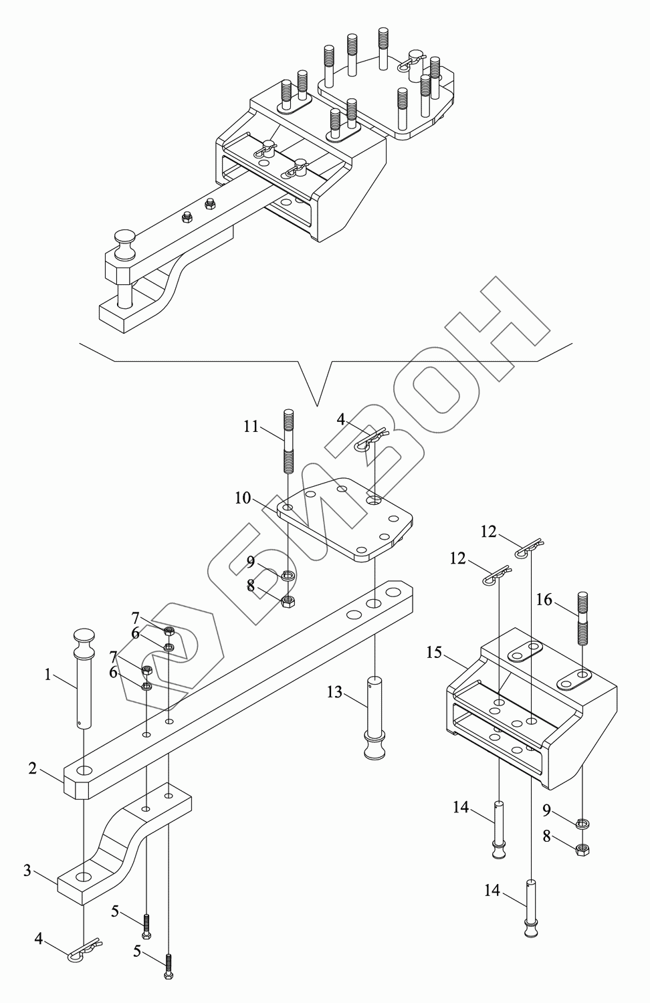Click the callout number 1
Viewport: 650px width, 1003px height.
(47, 675)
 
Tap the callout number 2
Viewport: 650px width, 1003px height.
(33, 768)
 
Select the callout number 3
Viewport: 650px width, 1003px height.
(27, 870)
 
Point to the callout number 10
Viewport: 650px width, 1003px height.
(242, 498)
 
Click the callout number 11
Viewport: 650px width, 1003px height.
(251, 426)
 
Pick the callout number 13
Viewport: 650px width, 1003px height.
(334, 692)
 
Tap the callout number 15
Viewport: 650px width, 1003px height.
(434, 652)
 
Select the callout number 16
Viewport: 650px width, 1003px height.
(544, 600)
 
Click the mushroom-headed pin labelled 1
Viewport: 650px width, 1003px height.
(84, 675)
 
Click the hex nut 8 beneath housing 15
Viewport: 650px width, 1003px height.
(582, 850)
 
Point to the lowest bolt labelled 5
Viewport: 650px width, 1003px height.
(169, 966)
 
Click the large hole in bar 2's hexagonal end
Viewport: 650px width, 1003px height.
(84, 771)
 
